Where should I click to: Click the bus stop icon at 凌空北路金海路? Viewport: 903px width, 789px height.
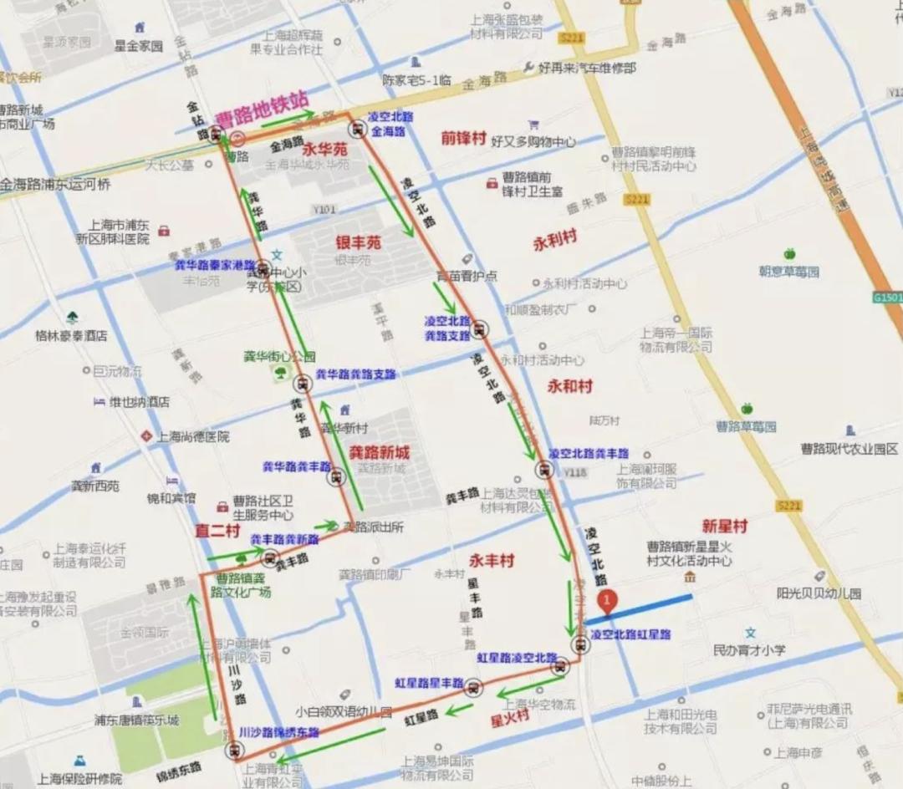(358, 129)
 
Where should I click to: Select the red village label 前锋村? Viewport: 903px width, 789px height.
(464, 138)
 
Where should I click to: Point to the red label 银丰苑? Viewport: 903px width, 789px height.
(358, 242)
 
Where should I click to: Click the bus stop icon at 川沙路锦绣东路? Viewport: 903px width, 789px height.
(233, 750)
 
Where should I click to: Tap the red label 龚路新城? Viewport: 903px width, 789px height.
(379, 451)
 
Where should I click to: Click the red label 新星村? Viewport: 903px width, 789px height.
(724, 526)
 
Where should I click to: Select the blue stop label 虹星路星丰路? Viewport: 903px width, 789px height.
(430, 683)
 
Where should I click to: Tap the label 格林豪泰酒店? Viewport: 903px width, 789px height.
(71, 335)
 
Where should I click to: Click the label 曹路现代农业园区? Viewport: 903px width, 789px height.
(849, 449)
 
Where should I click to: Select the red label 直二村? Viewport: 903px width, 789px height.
(217, 531)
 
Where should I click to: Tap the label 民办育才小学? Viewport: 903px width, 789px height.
(749, 649)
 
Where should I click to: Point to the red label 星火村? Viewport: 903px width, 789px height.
(509, 717)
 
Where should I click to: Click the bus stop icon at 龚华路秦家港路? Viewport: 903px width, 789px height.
(263, 269)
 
